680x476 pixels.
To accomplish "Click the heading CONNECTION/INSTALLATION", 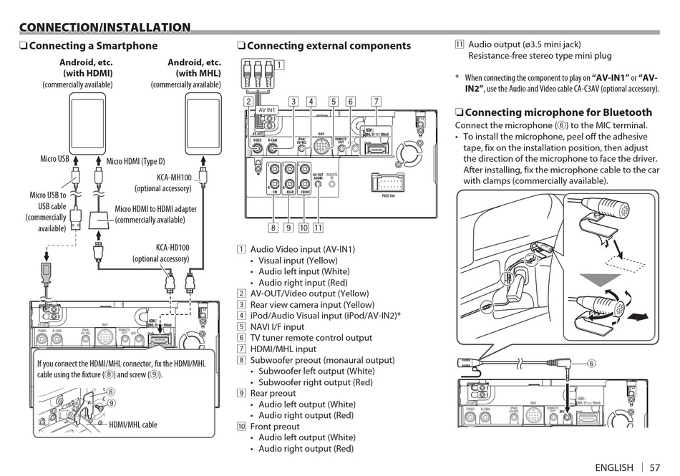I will (105, 28).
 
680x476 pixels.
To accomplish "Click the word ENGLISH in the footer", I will (614, 467).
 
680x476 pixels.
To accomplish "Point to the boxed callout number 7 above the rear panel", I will (377, 102).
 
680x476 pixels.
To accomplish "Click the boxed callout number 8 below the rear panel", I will (273, 228).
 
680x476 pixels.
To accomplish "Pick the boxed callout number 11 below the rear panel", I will (318, 228).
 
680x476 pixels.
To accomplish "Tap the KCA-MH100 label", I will (174, 178).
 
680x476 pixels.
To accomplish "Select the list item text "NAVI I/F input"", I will (277, 326).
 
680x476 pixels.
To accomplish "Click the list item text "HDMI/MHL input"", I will (283, 349).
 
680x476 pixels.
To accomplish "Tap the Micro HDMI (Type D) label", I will (135, 161).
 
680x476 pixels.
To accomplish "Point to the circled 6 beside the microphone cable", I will (592, 363).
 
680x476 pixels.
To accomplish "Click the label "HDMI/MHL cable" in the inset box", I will (132, 424).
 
